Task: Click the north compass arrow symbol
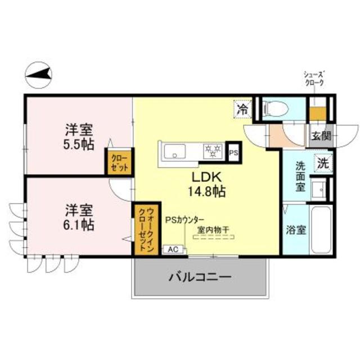coord(39,73)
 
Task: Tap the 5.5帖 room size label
coord(79,143)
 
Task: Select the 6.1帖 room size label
coord(78,224)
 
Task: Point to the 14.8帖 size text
coord(207,191)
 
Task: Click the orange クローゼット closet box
coord(119,163)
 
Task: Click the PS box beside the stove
coord(233,151)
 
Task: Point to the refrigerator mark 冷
coord(242,109)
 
